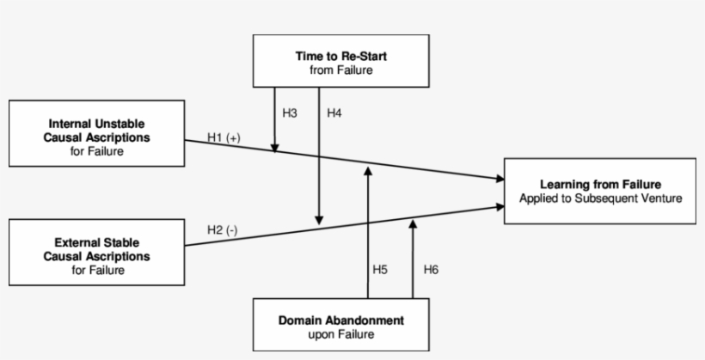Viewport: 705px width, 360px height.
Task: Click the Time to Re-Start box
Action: click(x=340, y=61)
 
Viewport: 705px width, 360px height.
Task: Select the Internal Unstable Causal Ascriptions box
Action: click(x=96, y=134)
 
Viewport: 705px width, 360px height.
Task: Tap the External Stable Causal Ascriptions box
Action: click(x=96, y=253)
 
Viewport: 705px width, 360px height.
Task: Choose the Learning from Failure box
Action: click(x=599, y=191)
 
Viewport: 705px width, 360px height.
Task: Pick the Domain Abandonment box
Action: click(x=340, y=325)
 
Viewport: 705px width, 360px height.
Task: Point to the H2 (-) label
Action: click(x=222, y=230)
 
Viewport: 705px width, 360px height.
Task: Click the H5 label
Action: click(x=380, y=269)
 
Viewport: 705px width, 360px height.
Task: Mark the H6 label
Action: click(x=432, y=269)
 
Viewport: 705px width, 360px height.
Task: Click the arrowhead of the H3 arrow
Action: click(x=275, y=149)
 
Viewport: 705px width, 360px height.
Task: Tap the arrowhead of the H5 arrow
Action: click(x=368, y=170)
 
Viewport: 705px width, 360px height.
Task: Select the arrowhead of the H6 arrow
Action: click(x=413, y=223)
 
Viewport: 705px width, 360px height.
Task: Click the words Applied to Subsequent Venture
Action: click(x=599, y=198)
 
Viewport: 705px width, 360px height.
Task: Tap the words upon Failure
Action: click(x=340, y=334)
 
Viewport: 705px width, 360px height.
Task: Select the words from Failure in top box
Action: click(x=340, y=70)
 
